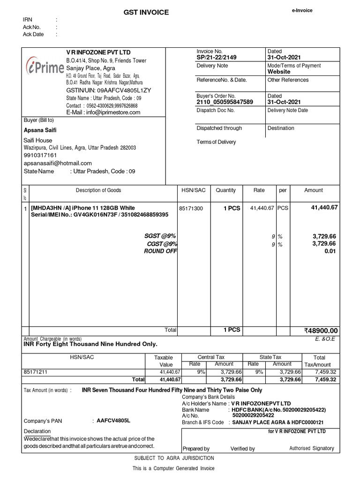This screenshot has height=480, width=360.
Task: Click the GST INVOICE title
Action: [145, 13]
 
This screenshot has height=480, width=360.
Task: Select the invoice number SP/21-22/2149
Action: [217, 57]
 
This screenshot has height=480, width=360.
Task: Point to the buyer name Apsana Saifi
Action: [40, 130]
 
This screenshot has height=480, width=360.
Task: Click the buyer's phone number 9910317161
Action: [40, 155]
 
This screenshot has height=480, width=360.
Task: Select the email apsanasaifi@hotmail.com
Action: [58, 163]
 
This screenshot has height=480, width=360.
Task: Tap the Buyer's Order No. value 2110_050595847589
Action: [225, 102]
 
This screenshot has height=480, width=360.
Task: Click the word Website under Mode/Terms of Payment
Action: [279, 72]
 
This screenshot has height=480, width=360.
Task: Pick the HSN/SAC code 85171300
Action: [191, 209]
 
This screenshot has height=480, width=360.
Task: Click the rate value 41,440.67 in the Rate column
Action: [262, 208]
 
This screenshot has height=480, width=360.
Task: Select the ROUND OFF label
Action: [160, 251]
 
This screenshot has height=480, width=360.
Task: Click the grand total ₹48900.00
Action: [321, 331]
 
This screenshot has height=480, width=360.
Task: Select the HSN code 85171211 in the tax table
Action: [36, 372]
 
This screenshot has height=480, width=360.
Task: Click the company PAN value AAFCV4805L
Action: [113, 420]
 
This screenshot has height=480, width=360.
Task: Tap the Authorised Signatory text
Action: [312, 448]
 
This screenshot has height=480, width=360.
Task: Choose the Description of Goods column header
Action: [98, 190]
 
